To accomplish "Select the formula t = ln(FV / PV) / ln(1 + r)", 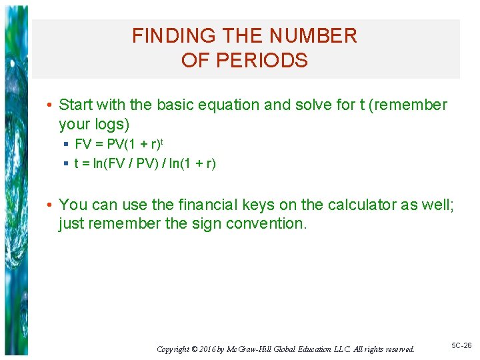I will pyautogui.click(x=145, y=163).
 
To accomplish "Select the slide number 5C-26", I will pyautogui.click(x=461, y=345).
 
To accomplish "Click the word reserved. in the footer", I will pyautogui.click(x=398, y=349).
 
